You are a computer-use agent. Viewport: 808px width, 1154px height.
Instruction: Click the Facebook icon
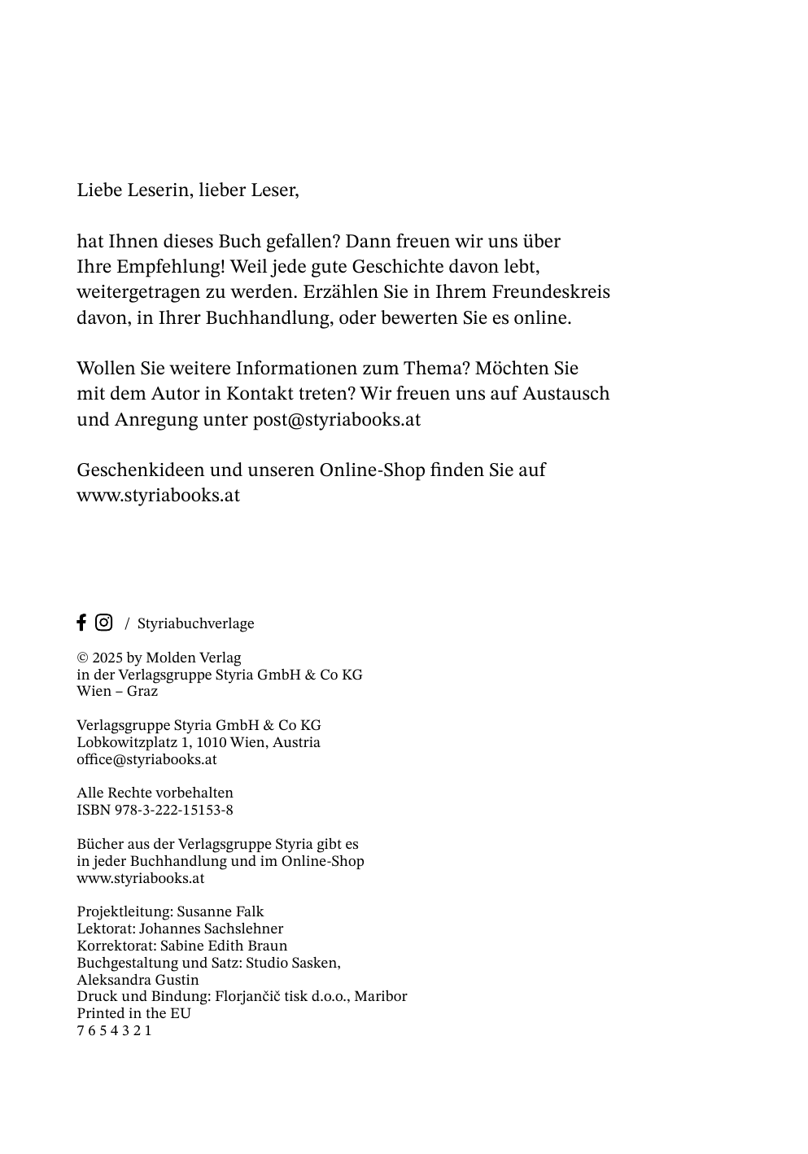[x=81, y=623]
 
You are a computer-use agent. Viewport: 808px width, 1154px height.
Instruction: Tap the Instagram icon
[x=104, y=623]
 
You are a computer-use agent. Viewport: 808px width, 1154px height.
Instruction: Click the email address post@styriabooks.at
[x=337, y=420]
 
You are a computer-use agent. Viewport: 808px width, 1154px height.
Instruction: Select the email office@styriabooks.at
[x=146, y=759]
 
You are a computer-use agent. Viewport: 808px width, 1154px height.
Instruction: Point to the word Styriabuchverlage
[x=195, y=623]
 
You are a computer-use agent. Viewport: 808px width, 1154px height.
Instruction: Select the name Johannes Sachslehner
[x=212, y=929]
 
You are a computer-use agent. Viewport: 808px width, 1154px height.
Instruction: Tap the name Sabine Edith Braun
[x=224, y=946]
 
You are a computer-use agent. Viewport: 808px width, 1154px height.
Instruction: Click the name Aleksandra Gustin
[x=138, y=980]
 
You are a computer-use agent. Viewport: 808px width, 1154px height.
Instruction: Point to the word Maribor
[x=381, y=996]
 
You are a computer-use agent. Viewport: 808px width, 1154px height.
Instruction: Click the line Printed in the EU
[x=133, y=1013]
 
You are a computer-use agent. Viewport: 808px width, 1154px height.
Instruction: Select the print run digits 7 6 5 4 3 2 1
[x=114, y=1030]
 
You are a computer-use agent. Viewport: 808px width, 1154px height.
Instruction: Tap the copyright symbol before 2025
[x=82, y=658]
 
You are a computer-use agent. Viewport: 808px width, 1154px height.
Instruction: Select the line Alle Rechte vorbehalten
[x=155, y=793]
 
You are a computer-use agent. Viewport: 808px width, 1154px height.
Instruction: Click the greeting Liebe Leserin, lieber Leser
[x=188, y=190]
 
